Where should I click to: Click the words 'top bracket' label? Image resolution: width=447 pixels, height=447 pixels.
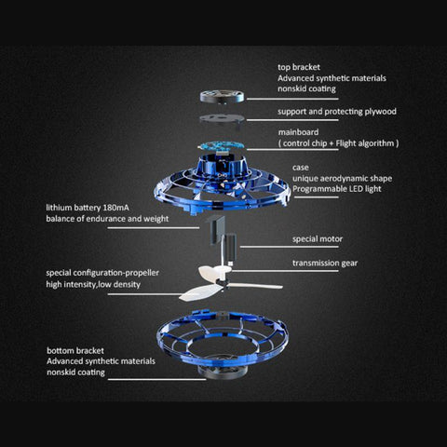(301, 67)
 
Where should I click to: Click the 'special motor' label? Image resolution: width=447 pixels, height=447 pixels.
(317, 238)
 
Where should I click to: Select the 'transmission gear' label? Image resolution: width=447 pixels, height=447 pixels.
(325, 263)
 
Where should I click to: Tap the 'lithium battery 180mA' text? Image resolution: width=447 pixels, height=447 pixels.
(92, 208)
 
